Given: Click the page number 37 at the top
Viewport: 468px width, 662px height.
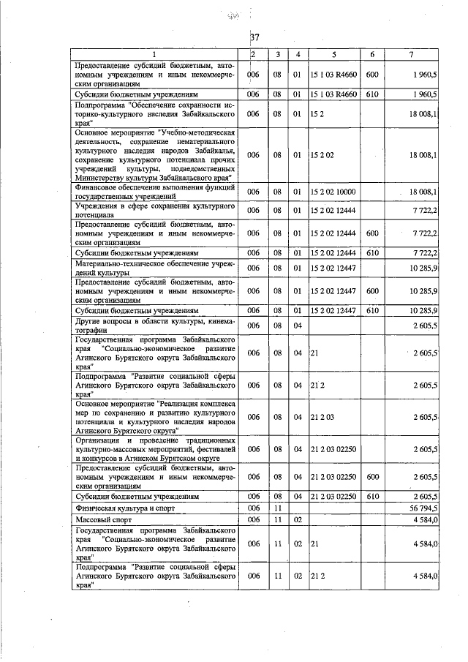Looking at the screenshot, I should (254, 37).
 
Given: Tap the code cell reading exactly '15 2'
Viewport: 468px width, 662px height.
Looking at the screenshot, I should (317, 114).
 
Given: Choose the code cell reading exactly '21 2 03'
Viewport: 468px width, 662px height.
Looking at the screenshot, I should (322, 416).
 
